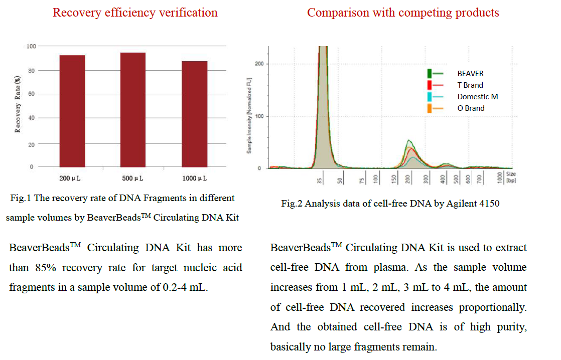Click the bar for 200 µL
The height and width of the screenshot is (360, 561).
(72, 111)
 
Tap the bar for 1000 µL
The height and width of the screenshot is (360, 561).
(194, 114)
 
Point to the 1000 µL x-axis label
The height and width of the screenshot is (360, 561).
(194, 178)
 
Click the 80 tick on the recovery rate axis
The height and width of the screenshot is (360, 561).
(32, 71)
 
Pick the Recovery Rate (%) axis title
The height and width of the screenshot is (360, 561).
(18, 104)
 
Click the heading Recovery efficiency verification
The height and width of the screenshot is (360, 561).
(135, 13)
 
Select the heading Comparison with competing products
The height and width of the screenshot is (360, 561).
(403, 13)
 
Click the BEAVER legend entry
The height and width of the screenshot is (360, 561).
(470, 73)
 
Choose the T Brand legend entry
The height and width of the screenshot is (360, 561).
(470, 85)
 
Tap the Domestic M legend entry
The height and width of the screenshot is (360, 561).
(477, 96)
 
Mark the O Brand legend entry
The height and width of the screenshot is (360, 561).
(471, 108)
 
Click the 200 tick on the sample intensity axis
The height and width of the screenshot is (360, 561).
(259, 64)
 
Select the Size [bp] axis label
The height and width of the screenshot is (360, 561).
(511, 177)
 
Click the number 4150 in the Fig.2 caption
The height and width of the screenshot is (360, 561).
(489, 204)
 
